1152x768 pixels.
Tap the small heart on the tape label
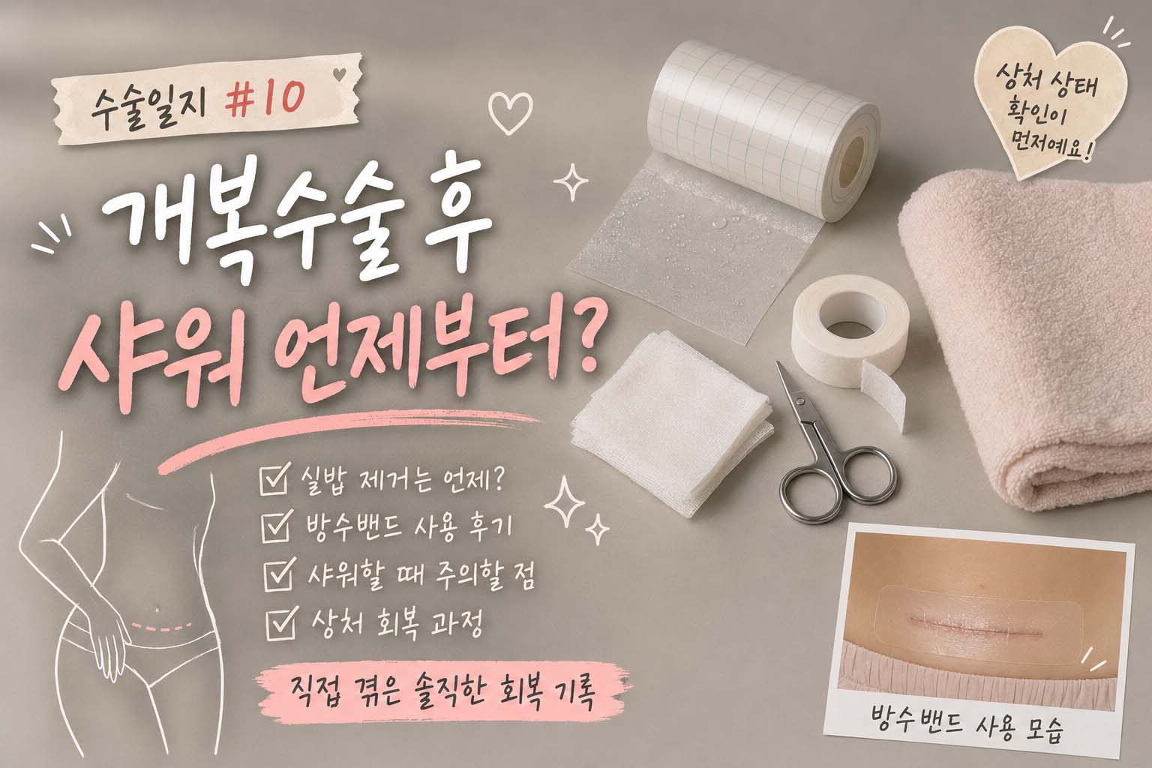[x=340, y=74]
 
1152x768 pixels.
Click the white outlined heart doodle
[x=510, y=112]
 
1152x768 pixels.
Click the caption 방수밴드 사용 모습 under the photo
[x=967, y=727]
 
